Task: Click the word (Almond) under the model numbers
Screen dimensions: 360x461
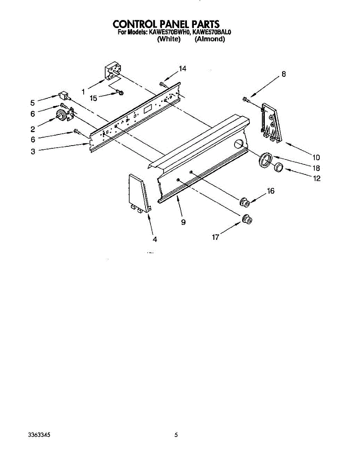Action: click(x=210, y=39)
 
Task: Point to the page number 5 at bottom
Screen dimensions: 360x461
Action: click(x=176, y=435)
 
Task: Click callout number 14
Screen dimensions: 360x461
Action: click(x=182, y=69)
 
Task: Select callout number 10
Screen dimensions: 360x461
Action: click(x=316, y=157)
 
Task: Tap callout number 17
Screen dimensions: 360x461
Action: click(x=216, y=237)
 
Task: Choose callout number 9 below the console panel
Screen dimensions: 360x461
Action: click(x=183, y=222)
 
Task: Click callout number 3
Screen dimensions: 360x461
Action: click(x=33, y=152)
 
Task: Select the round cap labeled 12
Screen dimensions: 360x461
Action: click(x=279, y=167)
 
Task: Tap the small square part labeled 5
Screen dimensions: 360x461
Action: click(x=63, y=95)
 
